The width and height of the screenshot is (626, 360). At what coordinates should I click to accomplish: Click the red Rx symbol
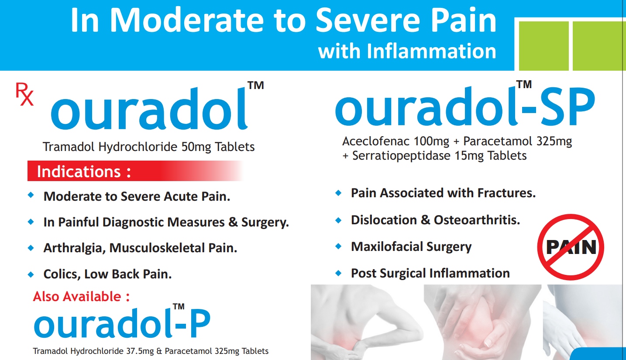pyautogui.click(x=24, y=94)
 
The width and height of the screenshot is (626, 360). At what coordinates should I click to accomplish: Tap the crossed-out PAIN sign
pyautogui.click(x=571, y=247)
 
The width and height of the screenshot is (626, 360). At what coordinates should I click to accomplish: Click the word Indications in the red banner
pyautogui.click(x=79, y=171)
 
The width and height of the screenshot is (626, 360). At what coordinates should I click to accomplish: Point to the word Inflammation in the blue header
pyautogui.click(x=431, y=51)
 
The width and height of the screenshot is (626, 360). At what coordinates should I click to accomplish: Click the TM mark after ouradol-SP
pyautogui.click(x=524, y=84)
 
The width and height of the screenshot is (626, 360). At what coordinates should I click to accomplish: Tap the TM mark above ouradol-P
pyautogui.click(x=179, y=307)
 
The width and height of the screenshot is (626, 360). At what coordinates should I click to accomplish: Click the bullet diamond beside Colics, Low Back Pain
pyautogui.click(x=31, y=274)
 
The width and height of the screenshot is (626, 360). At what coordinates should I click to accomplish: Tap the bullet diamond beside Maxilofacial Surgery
pyautogui.click(x=338, y=247)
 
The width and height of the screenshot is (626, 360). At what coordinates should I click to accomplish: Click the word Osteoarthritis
pyautogui.click(x=477, y=220)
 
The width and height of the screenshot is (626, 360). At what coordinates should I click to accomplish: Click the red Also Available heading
pyautogui.click(x=81, y=296)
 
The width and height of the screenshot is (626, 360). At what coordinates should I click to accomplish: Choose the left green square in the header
pyautogui.click(x=544, y=46)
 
